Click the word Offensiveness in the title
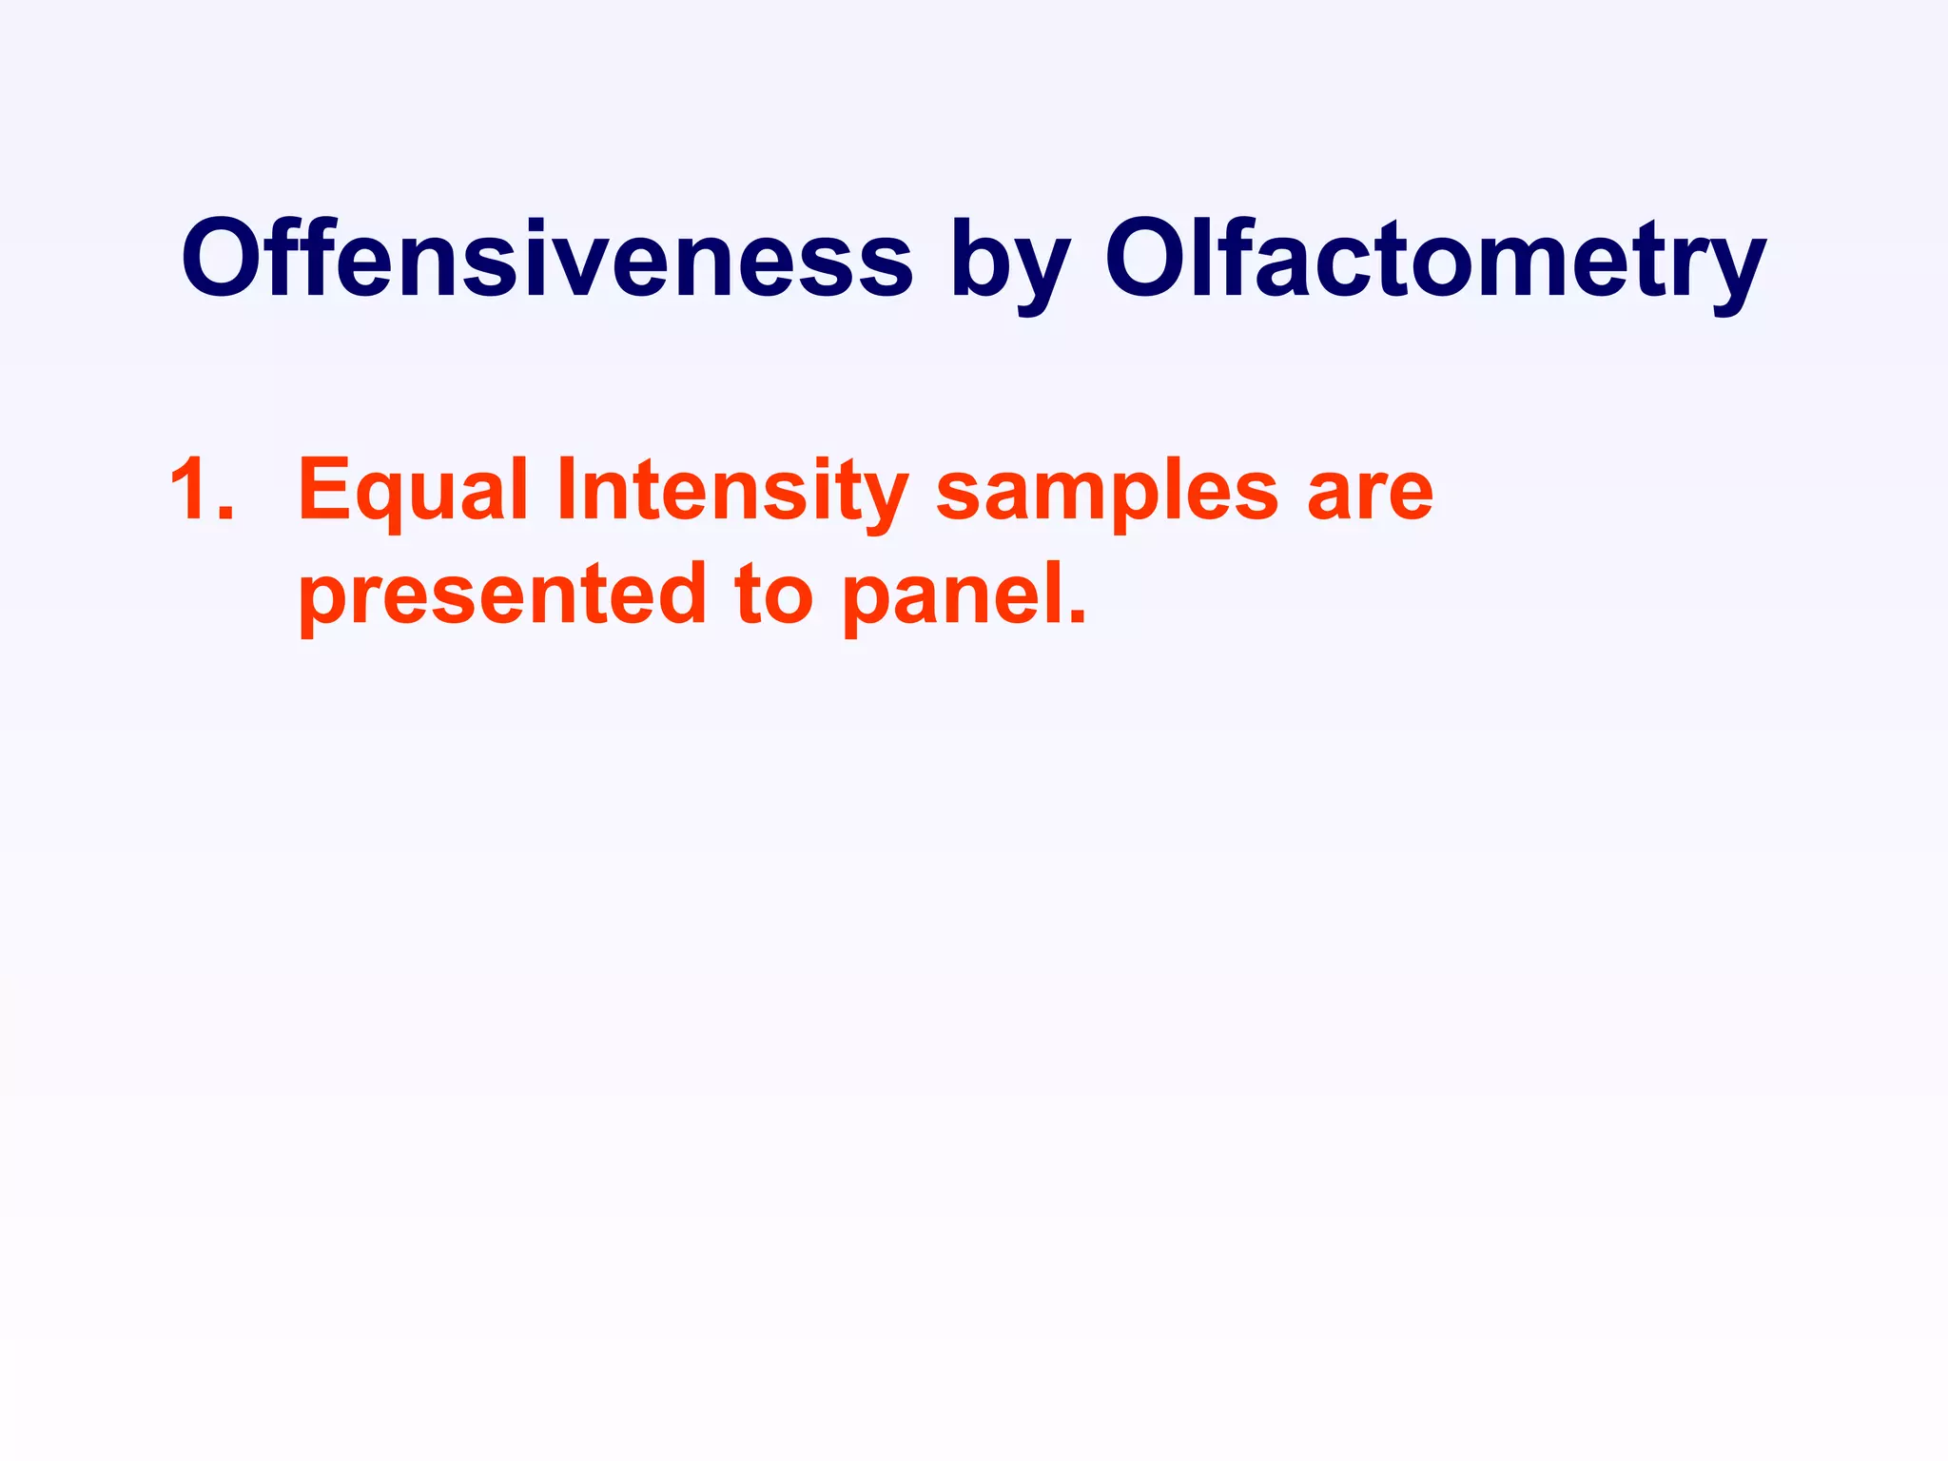click(x=547, y=259)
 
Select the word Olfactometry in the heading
click(x=1434, y=259)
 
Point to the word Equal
click(x=412, y=491)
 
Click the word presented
click(x=503, y=595)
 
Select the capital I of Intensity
click(x=565, y=491)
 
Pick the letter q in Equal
click(x=378, y=500)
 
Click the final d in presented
click(x=679, y=595)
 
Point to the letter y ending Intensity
click(x=884, y=502)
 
